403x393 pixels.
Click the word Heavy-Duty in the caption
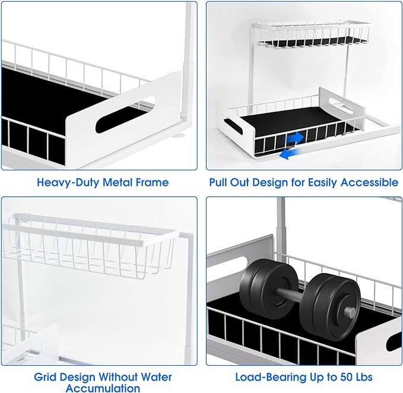pos(68,182)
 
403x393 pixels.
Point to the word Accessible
pos(369,182)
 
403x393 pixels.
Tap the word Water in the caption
pos(156,377)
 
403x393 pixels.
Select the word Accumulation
pos(103,388)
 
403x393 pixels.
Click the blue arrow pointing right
pos(295,138)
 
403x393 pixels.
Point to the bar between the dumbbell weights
pos(288,294)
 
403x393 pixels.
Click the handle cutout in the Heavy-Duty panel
pos(125,115)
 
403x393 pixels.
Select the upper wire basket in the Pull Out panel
pos(312,34)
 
